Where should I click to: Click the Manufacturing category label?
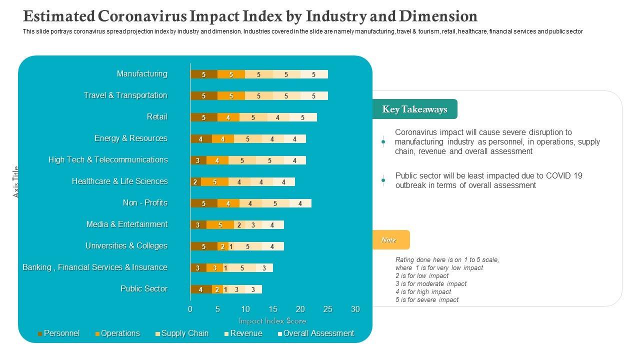coord(142,74)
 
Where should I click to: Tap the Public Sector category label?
coord(144,289)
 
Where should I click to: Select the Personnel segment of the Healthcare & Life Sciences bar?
coord(195,182)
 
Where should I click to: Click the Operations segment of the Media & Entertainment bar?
coord(220,225)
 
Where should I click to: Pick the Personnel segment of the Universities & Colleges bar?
coord(203,246)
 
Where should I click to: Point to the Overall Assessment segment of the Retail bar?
coord(303,117)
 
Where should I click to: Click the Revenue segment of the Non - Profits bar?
coord(275,203)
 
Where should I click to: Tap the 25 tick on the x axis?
coord(327,309)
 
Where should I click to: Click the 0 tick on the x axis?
coord(190,309)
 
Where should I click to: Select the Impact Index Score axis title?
coord(272,321)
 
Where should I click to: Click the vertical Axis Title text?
coord(15,181)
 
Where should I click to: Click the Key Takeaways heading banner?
coord(414,109)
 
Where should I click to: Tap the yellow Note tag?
coord(389,240)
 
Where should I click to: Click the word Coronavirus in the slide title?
coord(143,16)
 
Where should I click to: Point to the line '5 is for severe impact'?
coord(426,300)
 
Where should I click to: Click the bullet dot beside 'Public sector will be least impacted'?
coord(383,180)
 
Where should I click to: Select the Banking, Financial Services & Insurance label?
coord(95,267)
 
